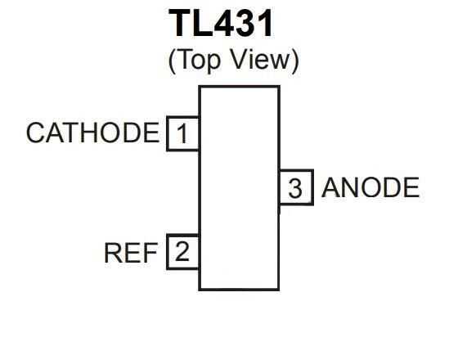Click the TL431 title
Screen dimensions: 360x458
222,25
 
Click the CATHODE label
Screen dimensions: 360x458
92,133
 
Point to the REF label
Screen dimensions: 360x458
130,254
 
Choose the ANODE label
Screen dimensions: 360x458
370,188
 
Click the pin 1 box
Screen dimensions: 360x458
183,133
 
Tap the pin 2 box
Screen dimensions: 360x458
183,252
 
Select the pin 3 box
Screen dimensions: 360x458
295,189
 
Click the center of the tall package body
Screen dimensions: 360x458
239,187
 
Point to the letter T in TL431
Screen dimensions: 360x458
182,25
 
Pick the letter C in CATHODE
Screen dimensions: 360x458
36,133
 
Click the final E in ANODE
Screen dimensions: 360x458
411,188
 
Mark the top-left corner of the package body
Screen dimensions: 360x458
200,87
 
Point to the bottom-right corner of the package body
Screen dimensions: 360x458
279,289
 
